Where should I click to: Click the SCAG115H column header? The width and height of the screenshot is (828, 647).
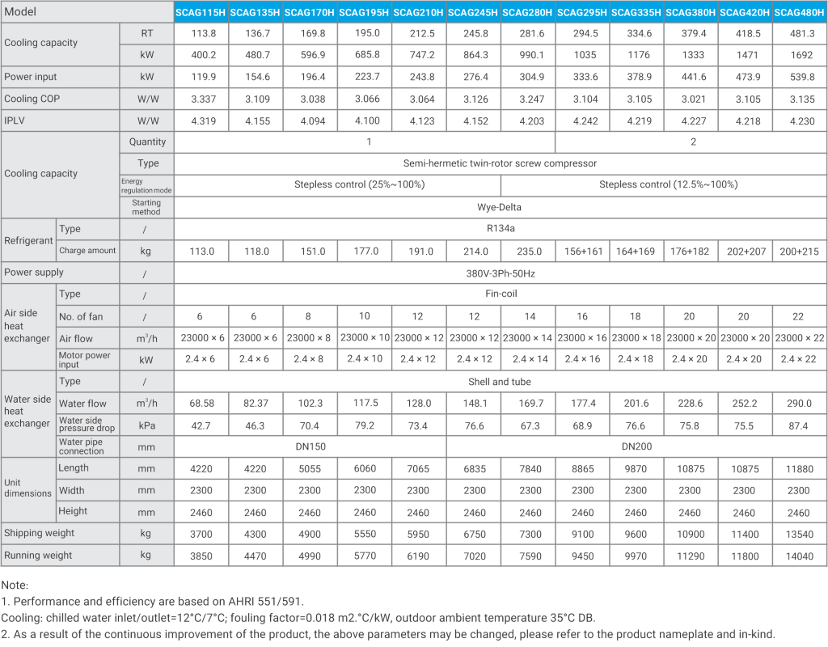coord(201,12)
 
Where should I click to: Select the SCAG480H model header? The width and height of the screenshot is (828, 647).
coord(799,12)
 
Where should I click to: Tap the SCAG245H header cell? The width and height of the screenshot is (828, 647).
coord(472,12)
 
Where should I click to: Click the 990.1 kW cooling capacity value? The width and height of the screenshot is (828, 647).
coord(530,55)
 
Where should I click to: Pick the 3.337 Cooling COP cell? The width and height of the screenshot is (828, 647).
coord(203,99)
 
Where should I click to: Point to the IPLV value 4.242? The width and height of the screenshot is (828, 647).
coord(585,121)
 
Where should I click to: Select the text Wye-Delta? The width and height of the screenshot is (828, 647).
coord(499,207)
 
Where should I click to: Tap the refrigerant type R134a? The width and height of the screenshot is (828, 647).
coord(501,229)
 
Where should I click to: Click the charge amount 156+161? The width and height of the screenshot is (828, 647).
coord(583,252)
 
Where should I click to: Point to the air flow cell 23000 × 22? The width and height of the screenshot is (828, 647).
coord(800,338)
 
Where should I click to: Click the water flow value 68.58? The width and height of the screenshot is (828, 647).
coord(201,404)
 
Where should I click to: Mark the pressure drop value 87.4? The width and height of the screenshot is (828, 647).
coord(798,425)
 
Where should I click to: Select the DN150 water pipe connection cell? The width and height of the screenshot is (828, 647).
coord(310,446)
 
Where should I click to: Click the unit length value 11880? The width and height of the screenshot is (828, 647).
coord(799,469)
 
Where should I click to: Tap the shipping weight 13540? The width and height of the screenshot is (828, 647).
coord(800,535)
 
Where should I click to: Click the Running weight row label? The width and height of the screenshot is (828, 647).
coord(38,556)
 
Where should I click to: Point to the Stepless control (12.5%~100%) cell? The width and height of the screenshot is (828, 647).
coord(668,184)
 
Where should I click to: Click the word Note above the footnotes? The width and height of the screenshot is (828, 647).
coord(15,586)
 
